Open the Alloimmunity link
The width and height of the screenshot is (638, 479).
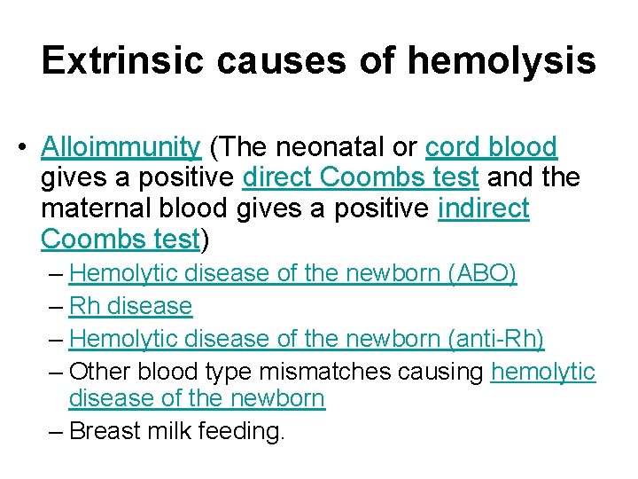(x=121, y=146)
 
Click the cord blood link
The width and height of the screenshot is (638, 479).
(x=491, y=146)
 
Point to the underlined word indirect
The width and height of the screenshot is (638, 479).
(x=484, y=208)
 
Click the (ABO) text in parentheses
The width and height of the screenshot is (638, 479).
(x=483, y=274)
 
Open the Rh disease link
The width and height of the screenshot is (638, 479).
(x=130, y=306)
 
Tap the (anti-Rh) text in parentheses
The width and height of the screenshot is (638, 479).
(x=497, y=338)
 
